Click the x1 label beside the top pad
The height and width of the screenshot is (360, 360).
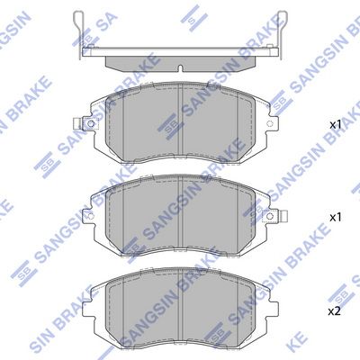coord(336,125)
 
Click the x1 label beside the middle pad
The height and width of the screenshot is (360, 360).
coord(336,217)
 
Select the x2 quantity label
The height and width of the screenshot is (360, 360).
coord(335,311)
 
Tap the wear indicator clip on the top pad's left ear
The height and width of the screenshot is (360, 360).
coord(77,123)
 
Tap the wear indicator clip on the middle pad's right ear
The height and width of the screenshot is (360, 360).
coord(283,216)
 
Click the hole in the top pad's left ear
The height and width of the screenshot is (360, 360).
coord(90,123)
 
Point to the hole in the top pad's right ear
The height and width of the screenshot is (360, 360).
coord(270,123)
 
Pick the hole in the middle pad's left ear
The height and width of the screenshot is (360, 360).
coord(91,216)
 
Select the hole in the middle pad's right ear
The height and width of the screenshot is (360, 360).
coord(270,216)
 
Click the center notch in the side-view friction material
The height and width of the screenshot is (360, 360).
coord(180,68)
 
